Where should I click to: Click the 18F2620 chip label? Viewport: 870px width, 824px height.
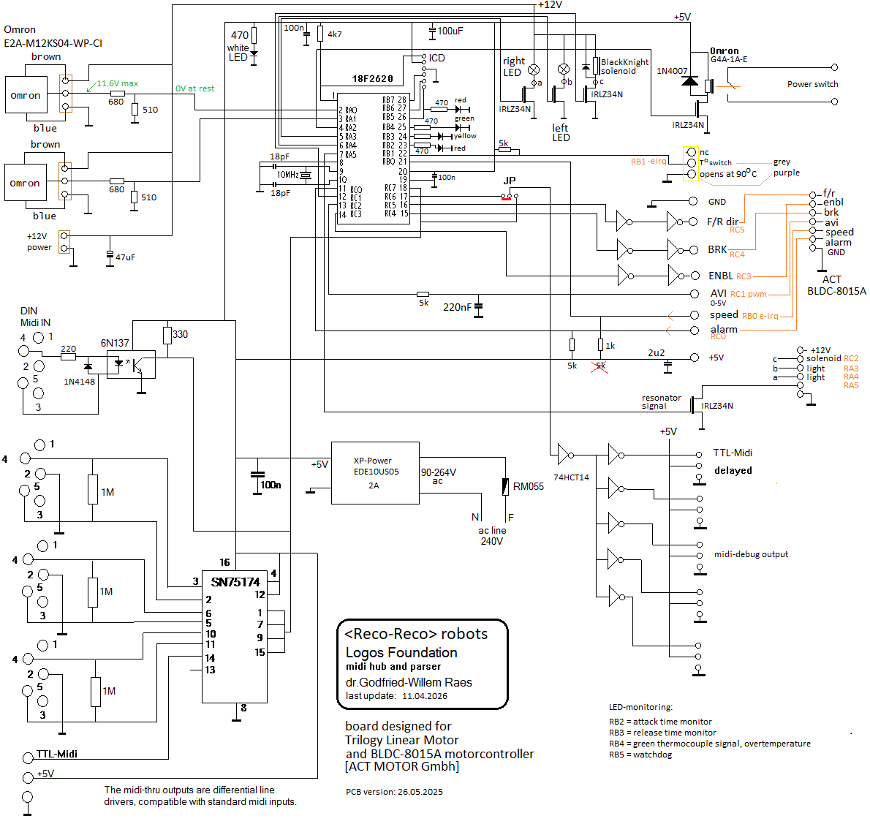[x=372, y=79]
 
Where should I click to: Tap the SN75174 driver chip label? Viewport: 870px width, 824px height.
[x=235, y=582]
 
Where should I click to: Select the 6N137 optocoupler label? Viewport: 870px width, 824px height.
[x=115, y=343]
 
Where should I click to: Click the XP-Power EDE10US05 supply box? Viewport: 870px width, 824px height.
[x=375, y=472]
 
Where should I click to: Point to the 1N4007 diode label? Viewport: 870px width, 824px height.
[x=672, y=71]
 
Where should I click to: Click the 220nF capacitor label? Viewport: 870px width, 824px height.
[x=457, y=307]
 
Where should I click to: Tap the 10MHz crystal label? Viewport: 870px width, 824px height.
[x=287, y=175]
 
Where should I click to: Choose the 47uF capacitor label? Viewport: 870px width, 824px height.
[x=125, y=257]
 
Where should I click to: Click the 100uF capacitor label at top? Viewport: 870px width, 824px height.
[x=450, y=31]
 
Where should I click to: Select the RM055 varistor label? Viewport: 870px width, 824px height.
[x=528, y=486]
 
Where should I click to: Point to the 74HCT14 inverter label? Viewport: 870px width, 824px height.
[x=571, y=477]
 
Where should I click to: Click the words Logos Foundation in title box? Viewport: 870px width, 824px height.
[x=401, y=652]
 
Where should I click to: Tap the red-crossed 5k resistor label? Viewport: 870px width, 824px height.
[x=600, y=366]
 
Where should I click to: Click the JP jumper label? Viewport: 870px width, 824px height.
[x=510, y=181]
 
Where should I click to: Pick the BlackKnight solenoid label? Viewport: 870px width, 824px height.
[x=624, y=67]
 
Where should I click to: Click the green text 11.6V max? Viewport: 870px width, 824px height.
[x=117, y=83]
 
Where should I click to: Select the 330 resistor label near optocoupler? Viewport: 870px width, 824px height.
[x=180, y=334]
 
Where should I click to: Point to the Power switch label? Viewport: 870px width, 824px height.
[x=812, y=84]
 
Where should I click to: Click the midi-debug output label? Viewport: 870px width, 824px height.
[x=751, y=554]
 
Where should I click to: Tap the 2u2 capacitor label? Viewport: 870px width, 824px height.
[x=656, y=352]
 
